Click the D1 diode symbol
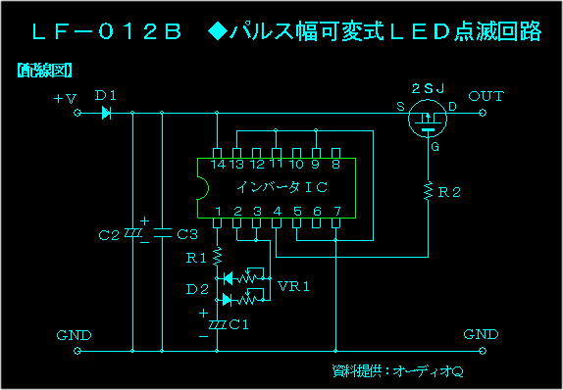click(106, 113)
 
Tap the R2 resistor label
click(449, 193)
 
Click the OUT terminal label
click(486, 95)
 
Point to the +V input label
click(65, 98)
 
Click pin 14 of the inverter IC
click(218, 165)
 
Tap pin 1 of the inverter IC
click(218, 211)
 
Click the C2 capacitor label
click(109, 235)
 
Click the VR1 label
click(294, 287)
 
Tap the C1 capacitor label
click(238, 323)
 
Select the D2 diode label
click(197, 289)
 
